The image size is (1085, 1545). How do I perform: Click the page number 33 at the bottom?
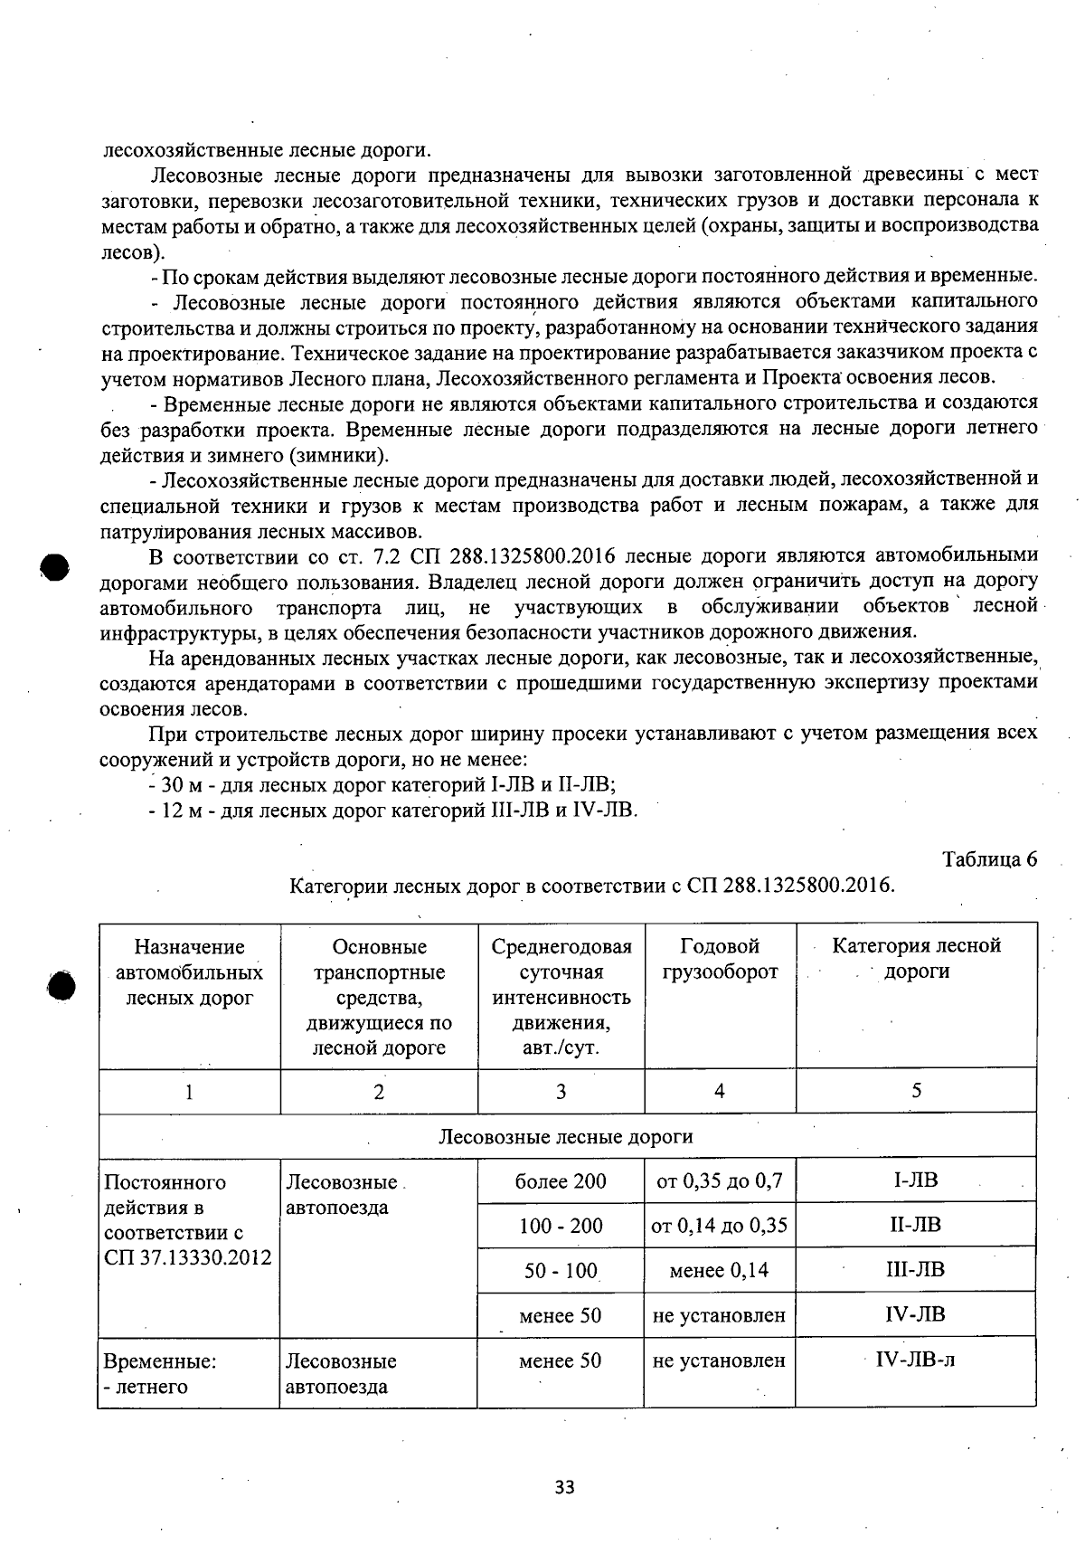(564, 1487)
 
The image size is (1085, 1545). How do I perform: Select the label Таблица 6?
(989, 858)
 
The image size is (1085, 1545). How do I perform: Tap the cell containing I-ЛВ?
(915, 1180)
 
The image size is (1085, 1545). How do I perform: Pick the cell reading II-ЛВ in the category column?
(915, 1225)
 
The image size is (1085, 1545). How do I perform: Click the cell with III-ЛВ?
(915, 1269)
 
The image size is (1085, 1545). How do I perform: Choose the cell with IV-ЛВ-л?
(915, 1360)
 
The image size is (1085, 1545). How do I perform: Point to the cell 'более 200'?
(561, 1180)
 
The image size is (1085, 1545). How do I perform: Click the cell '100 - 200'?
(561, 1226)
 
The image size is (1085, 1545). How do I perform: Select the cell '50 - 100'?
(561, 1270)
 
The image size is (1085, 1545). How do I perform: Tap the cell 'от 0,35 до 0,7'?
(719, 1180)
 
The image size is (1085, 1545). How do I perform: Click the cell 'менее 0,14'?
(719, 1270)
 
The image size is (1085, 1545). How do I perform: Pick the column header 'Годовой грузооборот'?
(720, 959)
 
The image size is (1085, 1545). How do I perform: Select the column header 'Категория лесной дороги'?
(916, 958)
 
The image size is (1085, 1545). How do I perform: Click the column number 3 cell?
(561, 1092)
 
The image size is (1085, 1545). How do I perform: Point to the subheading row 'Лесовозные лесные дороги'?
(566, 1136)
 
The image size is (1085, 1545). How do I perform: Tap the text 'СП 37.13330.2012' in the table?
(188, 1257)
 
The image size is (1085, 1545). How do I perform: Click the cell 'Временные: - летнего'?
(188, 1373)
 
